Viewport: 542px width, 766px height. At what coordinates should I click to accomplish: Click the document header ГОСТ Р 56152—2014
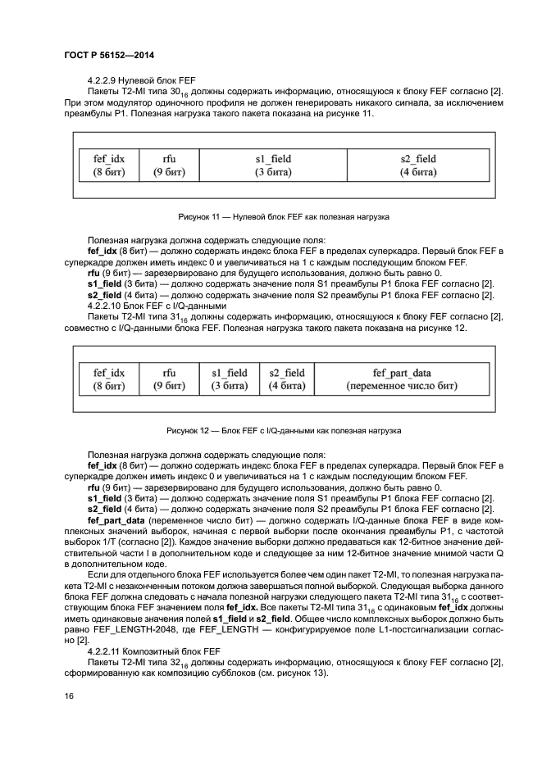[109, 55]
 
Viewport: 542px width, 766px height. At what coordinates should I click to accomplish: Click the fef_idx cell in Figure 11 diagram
[107, 165]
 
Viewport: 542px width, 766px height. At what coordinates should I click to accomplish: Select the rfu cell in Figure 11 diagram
[170, 165]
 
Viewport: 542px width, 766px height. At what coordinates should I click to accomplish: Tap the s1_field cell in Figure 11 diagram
[273, 165]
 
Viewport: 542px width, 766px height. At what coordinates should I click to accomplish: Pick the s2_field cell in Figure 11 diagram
[417, 165]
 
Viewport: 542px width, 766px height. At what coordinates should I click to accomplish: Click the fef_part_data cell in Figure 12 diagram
[401, 378]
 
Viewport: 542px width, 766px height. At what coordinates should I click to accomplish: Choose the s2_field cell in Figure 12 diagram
[287, 378]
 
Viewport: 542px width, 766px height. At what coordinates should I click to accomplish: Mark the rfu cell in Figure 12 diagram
[170, 378]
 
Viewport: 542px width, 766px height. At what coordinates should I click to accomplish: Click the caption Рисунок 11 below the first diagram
[283, 217]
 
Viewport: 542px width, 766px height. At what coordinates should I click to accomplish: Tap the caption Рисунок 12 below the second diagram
[283, 430]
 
